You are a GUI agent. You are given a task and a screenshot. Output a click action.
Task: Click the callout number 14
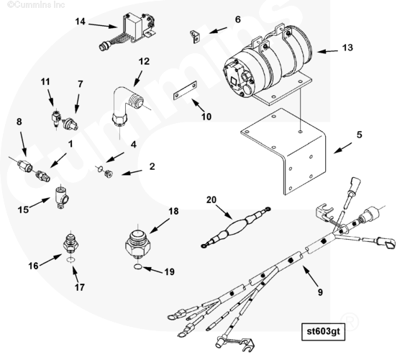[x=81, y=21]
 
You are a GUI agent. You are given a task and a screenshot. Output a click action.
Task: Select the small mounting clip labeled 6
[x=194, y=37]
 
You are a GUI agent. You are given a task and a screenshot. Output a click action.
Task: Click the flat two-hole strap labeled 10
[x=185, y=90]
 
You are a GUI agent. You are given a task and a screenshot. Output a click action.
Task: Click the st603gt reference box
[x=323, y=331]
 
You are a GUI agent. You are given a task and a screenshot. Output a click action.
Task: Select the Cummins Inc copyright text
[x=36, y=4]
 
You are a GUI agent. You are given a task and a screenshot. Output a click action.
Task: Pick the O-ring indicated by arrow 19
[x=137, y=267]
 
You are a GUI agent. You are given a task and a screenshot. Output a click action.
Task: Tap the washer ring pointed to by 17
[x=70, y=259]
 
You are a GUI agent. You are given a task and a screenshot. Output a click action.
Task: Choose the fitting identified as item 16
[x=70, y=243]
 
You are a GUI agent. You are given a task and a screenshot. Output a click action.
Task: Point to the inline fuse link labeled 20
[x=236, y=227]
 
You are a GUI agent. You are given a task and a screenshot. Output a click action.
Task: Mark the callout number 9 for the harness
[x=320, y=292]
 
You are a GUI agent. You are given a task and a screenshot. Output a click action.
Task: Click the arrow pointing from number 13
[x=327, y=51]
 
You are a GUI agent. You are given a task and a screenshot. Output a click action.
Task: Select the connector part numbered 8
[x=24, y=166]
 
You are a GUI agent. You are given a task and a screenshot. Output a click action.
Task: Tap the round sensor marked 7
[x=70, y=124]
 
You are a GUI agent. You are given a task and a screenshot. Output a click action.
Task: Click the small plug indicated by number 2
[x=108, y=174]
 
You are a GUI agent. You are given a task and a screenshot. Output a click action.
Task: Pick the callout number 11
[x=45, y=81]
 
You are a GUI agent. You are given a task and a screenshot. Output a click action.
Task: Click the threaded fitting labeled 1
[x=42, y=176]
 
